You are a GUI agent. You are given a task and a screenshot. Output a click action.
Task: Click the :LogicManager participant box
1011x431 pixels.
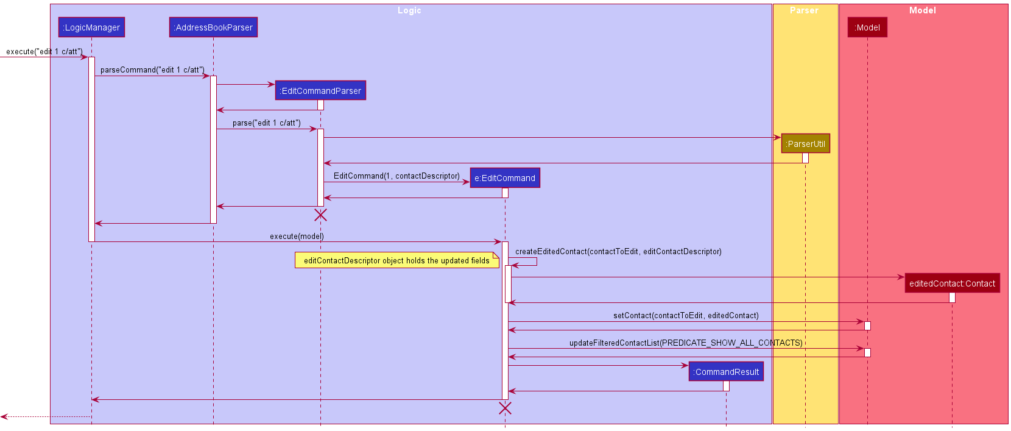92,27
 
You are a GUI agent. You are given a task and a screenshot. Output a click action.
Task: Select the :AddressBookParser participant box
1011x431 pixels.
213,27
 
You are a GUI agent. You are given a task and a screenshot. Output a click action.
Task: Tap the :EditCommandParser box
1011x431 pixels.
320,91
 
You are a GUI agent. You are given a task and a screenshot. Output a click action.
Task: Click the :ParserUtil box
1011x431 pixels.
805,144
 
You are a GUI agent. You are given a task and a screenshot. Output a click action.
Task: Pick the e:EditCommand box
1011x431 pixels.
505,178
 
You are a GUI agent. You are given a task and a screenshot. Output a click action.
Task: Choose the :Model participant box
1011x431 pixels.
867,27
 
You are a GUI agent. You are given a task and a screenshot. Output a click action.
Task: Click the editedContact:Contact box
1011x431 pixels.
952,283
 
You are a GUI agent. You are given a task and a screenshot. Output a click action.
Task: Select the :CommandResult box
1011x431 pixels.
726,372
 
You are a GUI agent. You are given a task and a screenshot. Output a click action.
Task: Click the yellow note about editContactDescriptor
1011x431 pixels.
396,261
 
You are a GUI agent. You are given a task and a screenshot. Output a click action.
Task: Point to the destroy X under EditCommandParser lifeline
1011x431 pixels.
320,215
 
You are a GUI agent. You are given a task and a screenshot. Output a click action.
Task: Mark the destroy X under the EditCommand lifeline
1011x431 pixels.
505,408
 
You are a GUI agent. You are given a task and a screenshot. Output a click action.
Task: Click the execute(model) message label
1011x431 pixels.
297,237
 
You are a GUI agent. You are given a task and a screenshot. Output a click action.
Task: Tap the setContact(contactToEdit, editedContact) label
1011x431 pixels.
686,316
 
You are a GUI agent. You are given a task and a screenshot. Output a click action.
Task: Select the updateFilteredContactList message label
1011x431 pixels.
686,343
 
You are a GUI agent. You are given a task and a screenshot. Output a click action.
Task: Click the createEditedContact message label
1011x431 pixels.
618,252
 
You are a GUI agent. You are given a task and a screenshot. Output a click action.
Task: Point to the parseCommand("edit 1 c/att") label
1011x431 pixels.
152,70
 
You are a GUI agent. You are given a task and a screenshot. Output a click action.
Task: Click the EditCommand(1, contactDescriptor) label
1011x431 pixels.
396,176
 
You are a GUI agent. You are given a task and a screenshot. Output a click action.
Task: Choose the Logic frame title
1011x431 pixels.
409,10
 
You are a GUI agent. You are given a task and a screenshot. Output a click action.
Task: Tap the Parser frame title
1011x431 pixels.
804,10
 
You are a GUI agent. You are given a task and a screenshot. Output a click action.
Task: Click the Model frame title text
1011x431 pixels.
922,10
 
